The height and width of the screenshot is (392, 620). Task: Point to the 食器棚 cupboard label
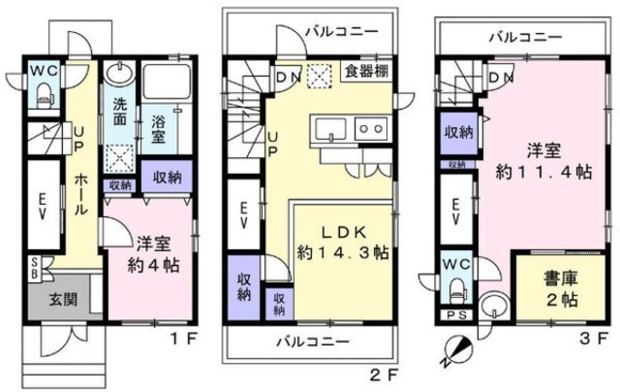pyautogui.click(x=367, y=71)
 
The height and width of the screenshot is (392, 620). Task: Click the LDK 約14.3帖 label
pyautogui.click(x=343, y=243)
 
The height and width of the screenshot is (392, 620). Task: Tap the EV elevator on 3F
pyautogui.click(x=455, y=215)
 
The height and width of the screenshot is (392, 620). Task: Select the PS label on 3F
pyautogui.click(x=453, y=315)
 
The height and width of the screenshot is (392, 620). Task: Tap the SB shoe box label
pyautogui.click(x=35, y=266)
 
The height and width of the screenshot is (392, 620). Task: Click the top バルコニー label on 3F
pyautogui.click(x=524, y=38)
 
